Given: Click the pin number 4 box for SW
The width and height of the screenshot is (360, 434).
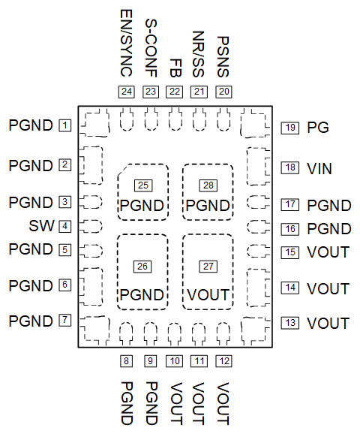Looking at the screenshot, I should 66,226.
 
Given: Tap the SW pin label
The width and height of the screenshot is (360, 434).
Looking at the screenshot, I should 41,226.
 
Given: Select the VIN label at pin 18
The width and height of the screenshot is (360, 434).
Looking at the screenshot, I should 319,168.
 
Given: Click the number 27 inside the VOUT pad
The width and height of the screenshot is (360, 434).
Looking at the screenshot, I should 208,266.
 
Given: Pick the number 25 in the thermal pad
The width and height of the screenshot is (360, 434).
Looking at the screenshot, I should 142,185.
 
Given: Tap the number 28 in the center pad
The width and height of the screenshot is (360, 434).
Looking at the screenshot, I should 208,185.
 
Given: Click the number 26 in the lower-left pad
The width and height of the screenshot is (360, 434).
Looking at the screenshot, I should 142,266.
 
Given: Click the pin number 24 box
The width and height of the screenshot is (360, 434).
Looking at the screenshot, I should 126,92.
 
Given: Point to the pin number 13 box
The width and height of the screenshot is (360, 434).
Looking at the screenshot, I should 290,323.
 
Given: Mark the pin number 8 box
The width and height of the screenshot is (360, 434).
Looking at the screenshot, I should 126,361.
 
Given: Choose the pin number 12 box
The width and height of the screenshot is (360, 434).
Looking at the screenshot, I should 223,361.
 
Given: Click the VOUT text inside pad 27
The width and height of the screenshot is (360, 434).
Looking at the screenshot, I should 208,294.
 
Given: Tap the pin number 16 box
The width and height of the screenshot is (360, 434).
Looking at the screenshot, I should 290,229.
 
